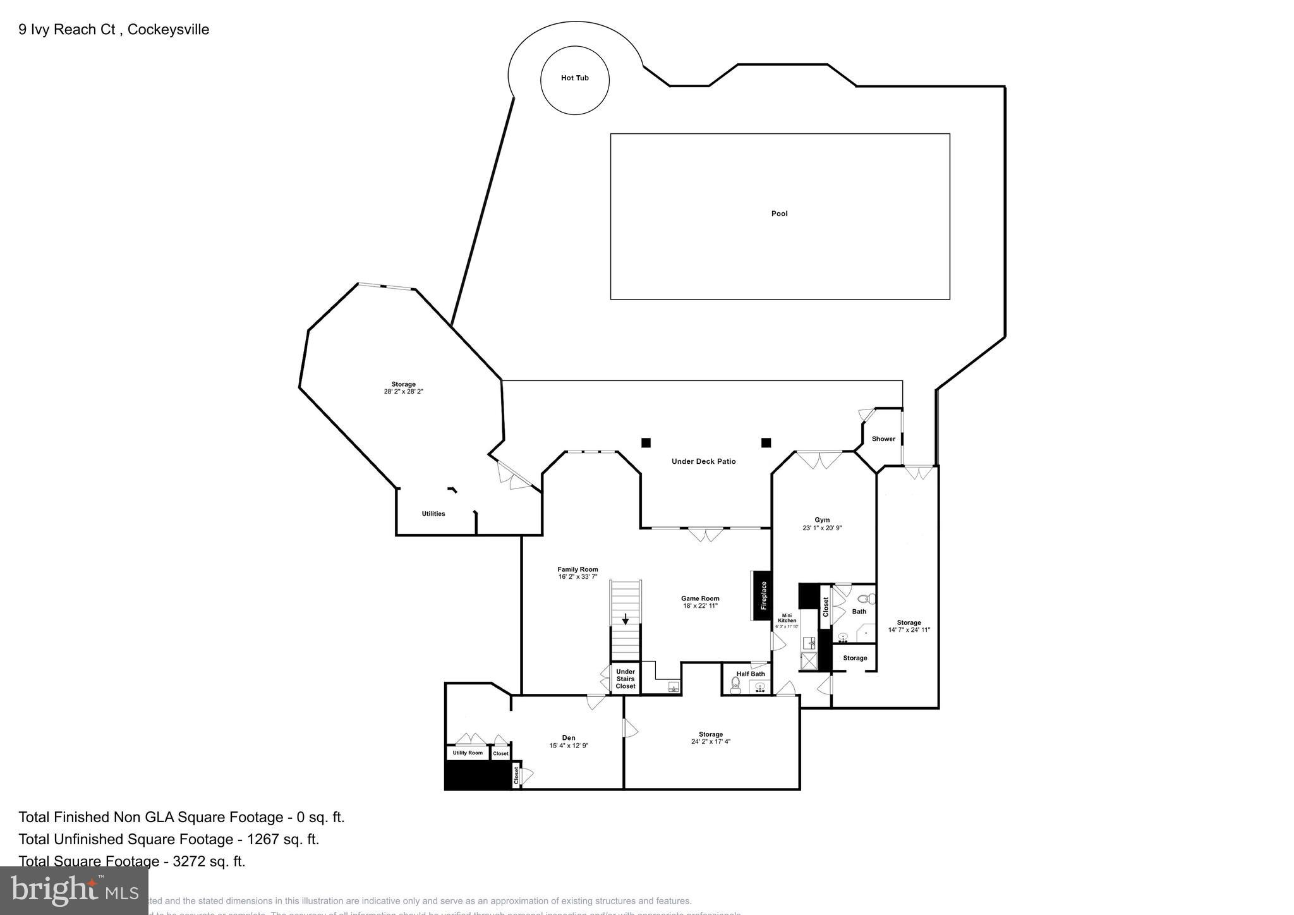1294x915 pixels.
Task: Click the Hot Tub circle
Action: click(x=574, y=78)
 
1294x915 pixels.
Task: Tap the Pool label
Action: click(x=779, y=214)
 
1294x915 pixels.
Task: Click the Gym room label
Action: click(x=822, y=520)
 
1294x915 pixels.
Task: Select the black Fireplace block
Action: click(x=763, y=596)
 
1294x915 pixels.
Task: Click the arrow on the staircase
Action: click(x=626, y=619)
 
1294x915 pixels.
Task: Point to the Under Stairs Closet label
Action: click(x=625, y=679)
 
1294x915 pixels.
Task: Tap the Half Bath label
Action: click(x=751, y=674)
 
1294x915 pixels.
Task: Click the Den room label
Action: click(x=569, y=737)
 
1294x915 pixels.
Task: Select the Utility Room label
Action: click(x=468, y=753)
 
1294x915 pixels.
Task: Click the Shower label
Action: click(x=883, y=439)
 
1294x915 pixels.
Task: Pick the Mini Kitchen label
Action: click(x=787, y=618)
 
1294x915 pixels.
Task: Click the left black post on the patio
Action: click(x=646, y=442)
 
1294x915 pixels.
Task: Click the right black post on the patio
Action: click(x=766, y=442)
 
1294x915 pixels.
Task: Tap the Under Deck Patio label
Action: click(x=703, y=461)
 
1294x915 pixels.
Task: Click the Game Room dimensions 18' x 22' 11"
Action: click(x=700, y=606)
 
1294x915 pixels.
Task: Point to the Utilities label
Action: click(x=433, y=514)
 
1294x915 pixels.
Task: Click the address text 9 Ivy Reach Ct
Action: click(x=67, y=30)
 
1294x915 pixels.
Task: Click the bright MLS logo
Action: click(x=75, y=890)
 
